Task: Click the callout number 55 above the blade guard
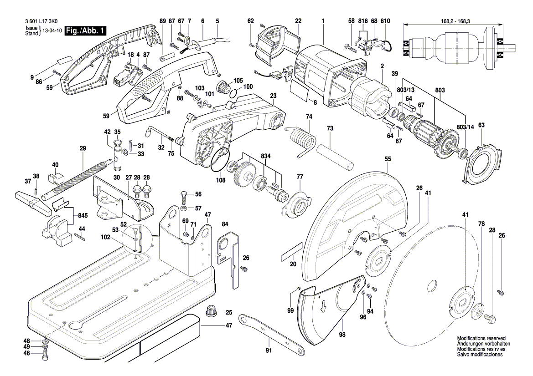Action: coord(388,159)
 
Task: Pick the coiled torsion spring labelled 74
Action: coord(301,138)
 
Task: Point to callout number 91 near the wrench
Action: coord(269,351)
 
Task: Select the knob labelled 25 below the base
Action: coord(212,312)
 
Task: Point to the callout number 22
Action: coord(298,21)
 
